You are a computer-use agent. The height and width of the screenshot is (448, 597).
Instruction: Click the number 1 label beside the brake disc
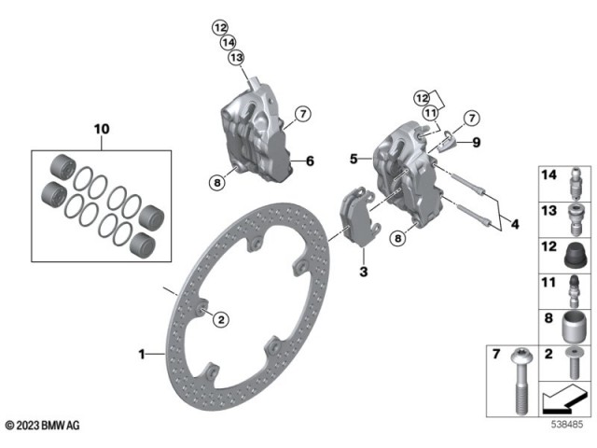pyautogui.click(x=143, y=354)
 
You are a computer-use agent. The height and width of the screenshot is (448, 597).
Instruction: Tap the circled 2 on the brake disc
pyautogui.click(x=221, y=320)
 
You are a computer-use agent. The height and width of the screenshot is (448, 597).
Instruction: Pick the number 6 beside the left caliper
pyautogui.click(x=310, y=161)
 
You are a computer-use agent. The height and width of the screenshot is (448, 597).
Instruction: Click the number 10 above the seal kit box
pyautogui.click(x=101, y=126)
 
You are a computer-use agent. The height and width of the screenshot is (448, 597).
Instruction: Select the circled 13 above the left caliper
pyautogui.click(x=236, y=58)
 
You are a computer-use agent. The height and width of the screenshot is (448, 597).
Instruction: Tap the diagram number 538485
pyautogui.click(x=567, y=425)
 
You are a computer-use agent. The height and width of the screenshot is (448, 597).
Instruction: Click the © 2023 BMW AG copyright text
pyautogui.click(x=42, y=425)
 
